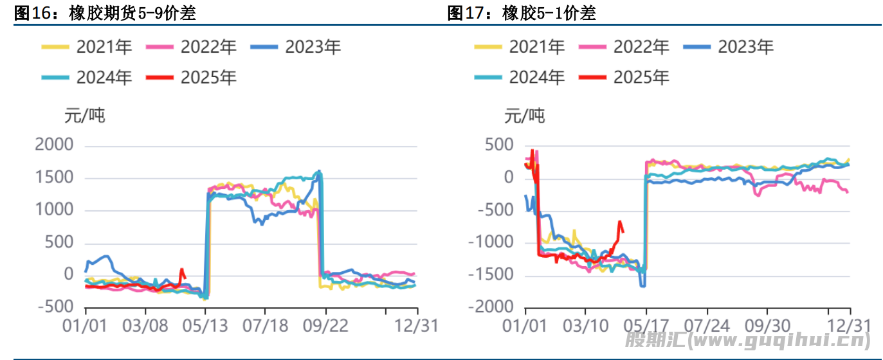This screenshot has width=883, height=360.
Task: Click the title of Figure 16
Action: (105, 13)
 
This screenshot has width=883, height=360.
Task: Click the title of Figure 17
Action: (522, 13)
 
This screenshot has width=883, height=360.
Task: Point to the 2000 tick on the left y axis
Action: (55, 146)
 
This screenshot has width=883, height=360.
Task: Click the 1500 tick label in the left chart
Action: (55, 178)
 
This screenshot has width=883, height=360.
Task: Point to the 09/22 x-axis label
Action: (326, 326)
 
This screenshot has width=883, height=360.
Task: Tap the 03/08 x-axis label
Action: (145, 326)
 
